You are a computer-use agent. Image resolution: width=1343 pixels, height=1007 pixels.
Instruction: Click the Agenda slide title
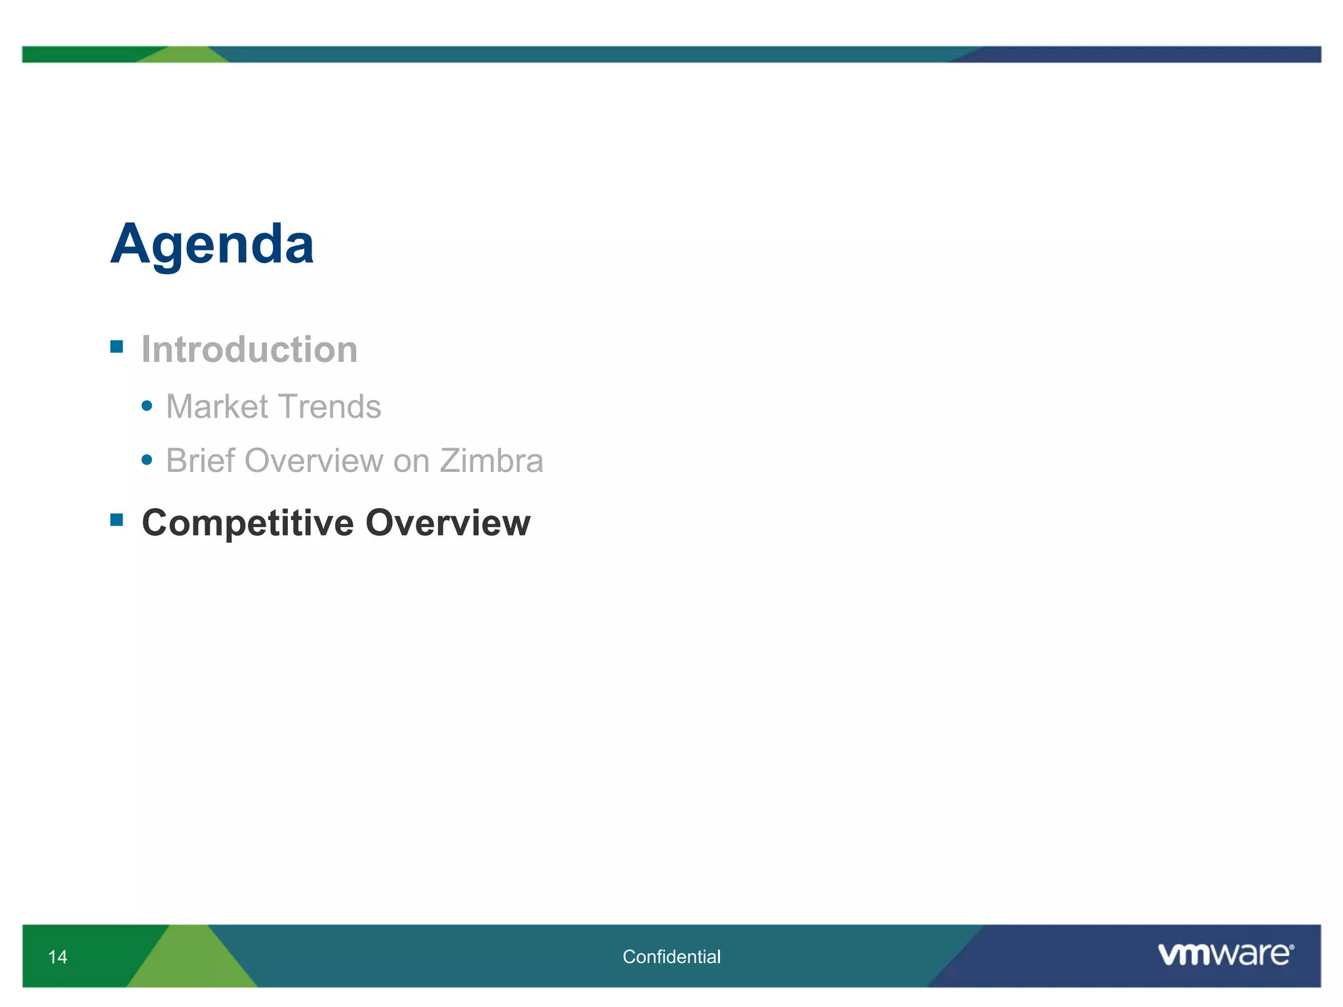click(x=212, y=244)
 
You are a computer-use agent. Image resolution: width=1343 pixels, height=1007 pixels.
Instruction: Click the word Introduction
click(x=249, y=349)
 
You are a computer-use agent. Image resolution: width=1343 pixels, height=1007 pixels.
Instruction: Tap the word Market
click(x=217, y=406)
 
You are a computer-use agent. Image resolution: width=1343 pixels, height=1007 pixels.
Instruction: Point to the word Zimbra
click(x=491, y=460)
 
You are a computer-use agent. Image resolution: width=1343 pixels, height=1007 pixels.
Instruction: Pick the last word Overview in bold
click(x=448, y=523)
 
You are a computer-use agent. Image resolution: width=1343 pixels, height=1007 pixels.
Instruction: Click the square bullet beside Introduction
click(x=117, y=347)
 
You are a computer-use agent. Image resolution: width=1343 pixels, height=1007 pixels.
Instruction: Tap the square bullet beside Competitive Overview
click(x=117, y=521)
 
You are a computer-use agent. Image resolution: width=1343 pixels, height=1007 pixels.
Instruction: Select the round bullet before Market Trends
click(x=147, y=406)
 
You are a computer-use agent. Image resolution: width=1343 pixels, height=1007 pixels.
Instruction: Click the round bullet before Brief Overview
click(x=147, y=460)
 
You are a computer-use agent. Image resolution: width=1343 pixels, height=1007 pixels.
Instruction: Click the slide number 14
click(x=58, y=957)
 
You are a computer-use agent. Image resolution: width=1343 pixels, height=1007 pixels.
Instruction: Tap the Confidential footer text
click(x=671, y=957)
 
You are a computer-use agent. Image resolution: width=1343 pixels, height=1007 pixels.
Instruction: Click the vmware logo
click(x=1223, y=955)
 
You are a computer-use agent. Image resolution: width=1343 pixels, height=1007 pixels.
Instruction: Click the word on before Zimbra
click(x=411, y=462)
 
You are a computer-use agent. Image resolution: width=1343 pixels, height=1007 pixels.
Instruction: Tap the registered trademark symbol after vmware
click(x=1291, y=947)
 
